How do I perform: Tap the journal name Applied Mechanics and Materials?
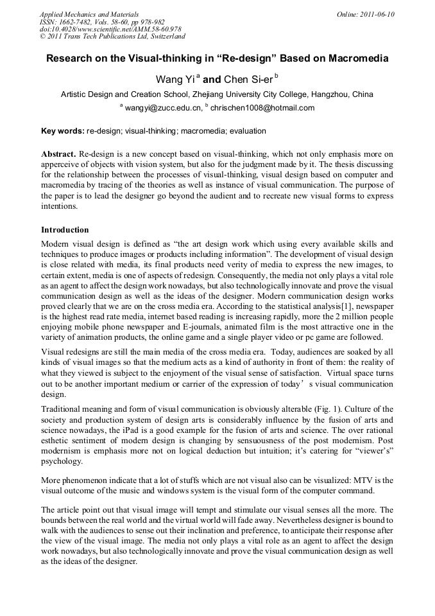coord(89,14)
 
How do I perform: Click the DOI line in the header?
coord(110,30)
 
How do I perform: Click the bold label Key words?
coord(63,131)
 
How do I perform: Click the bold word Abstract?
coord(59,155)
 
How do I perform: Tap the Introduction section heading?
coord(65,229)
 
